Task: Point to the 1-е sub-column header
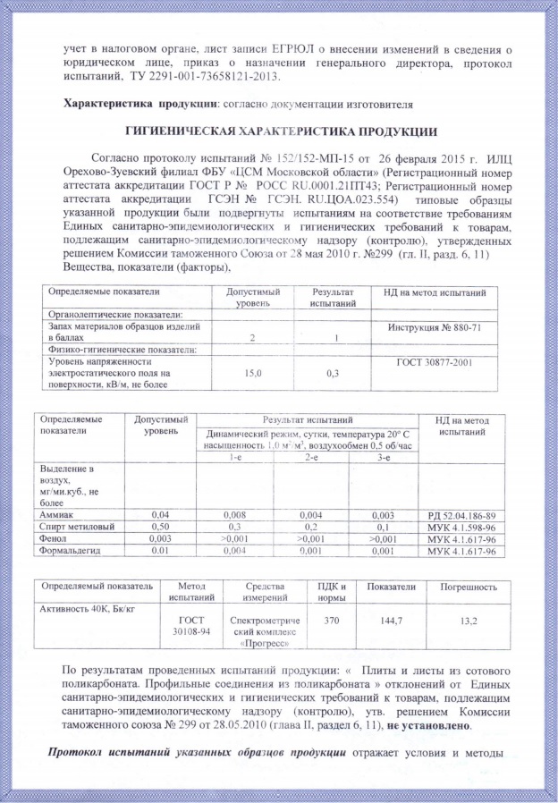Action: click(233, 457)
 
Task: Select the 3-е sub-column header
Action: click(383, 457)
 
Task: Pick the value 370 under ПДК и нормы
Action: click(332, 618)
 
